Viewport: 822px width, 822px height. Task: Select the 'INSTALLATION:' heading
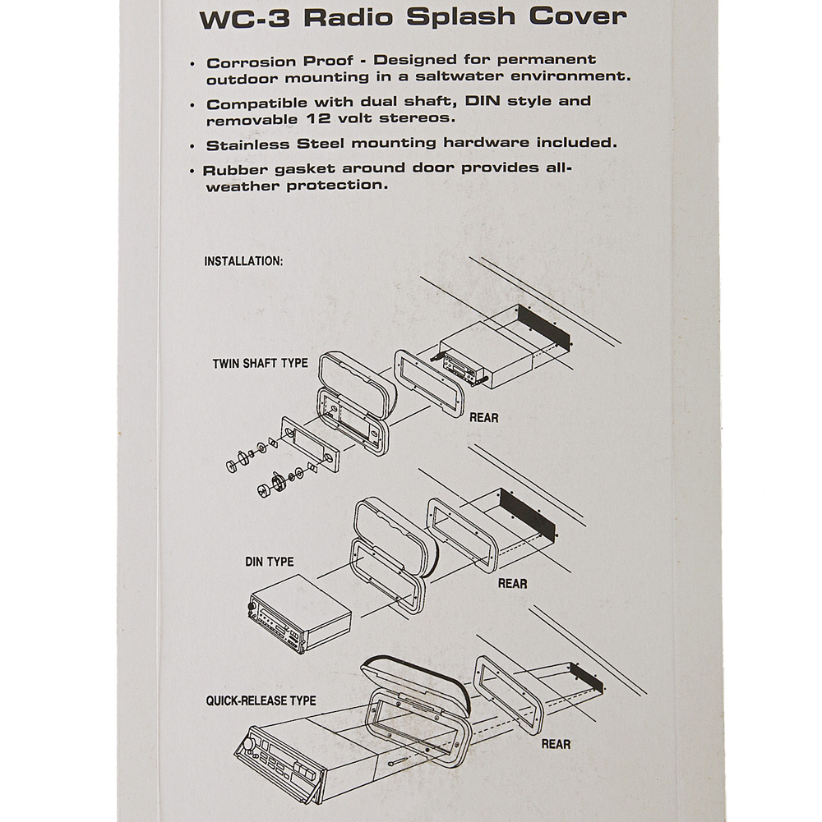[x=243, y=261]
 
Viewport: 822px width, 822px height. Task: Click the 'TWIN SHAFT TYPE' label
[x=260, y=363]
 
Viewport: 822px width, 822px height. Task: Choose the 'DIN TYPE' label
[x=269, y=563]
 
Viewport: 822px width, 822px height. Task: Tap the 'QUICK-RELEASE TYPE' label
[x=261, y=701]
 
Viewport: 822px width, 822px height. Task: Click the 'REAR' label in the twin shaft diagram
[x=483, y=418]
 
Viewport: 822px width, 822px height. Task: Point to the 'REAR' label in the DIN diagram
[x=512, y=584]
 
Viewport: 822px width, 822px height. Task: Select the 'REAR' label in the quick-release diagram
[x=556, y=745]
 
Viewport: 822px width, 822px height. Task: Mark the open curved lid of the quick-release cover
[x=415, y=677]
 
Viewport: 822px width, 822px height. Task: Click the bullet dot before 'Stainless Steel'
[x=192, y=146]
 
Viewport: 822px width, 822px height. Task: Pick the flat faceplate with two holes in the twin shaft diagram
[x=308, y=444]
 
